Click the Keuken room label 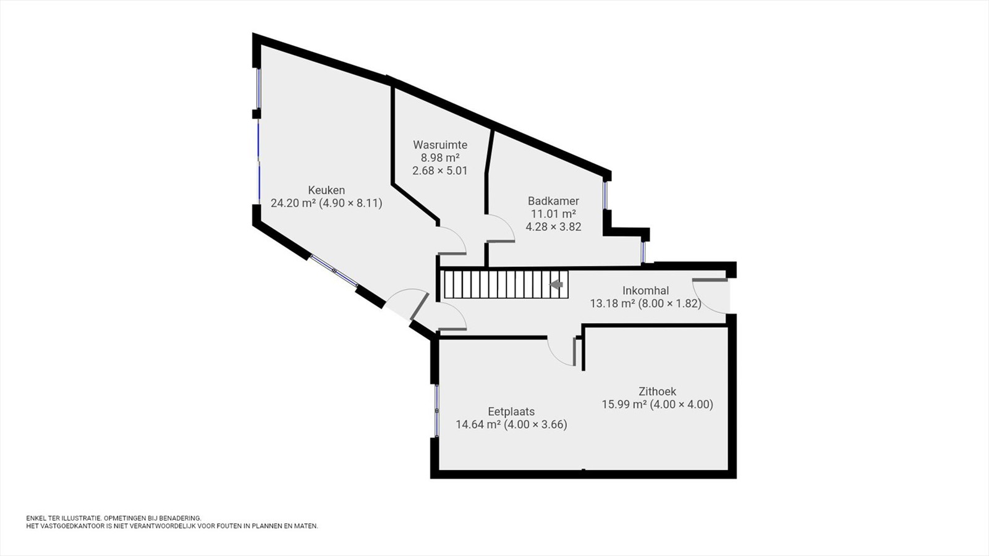(326, 190)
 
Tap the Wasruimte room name (440, 145)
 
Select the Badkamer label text (553, 201)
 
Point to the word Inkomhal (645, 290)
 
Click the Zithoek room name (658, 392)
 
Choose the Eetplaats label (511, 411)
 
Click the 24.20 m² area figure (293, 203)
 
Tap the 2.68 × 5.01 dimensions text (439, 171)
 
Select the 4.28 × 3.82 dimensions (553, 227)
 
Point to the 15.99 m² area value (624, 404)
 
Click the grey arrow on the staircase (556, 285)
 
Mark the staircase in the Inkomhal (506, 285)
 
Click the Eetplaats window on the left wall (436, 411)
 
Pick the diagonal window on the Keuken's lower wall (334, 271)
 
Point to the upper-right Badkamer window (605, 195)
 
